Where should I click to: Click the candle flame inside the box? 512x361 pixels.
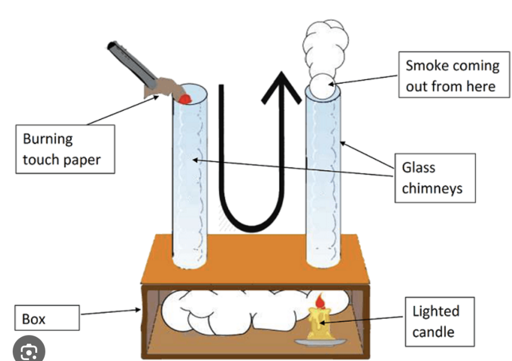click(320, 301)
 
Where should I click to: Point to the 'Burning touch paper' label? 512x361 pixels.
click(63, 148)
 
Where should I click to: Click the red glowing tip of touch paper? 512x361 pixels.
click(185, 98)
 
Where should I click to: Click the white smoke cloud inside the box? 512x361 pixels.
click(225, 310)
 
